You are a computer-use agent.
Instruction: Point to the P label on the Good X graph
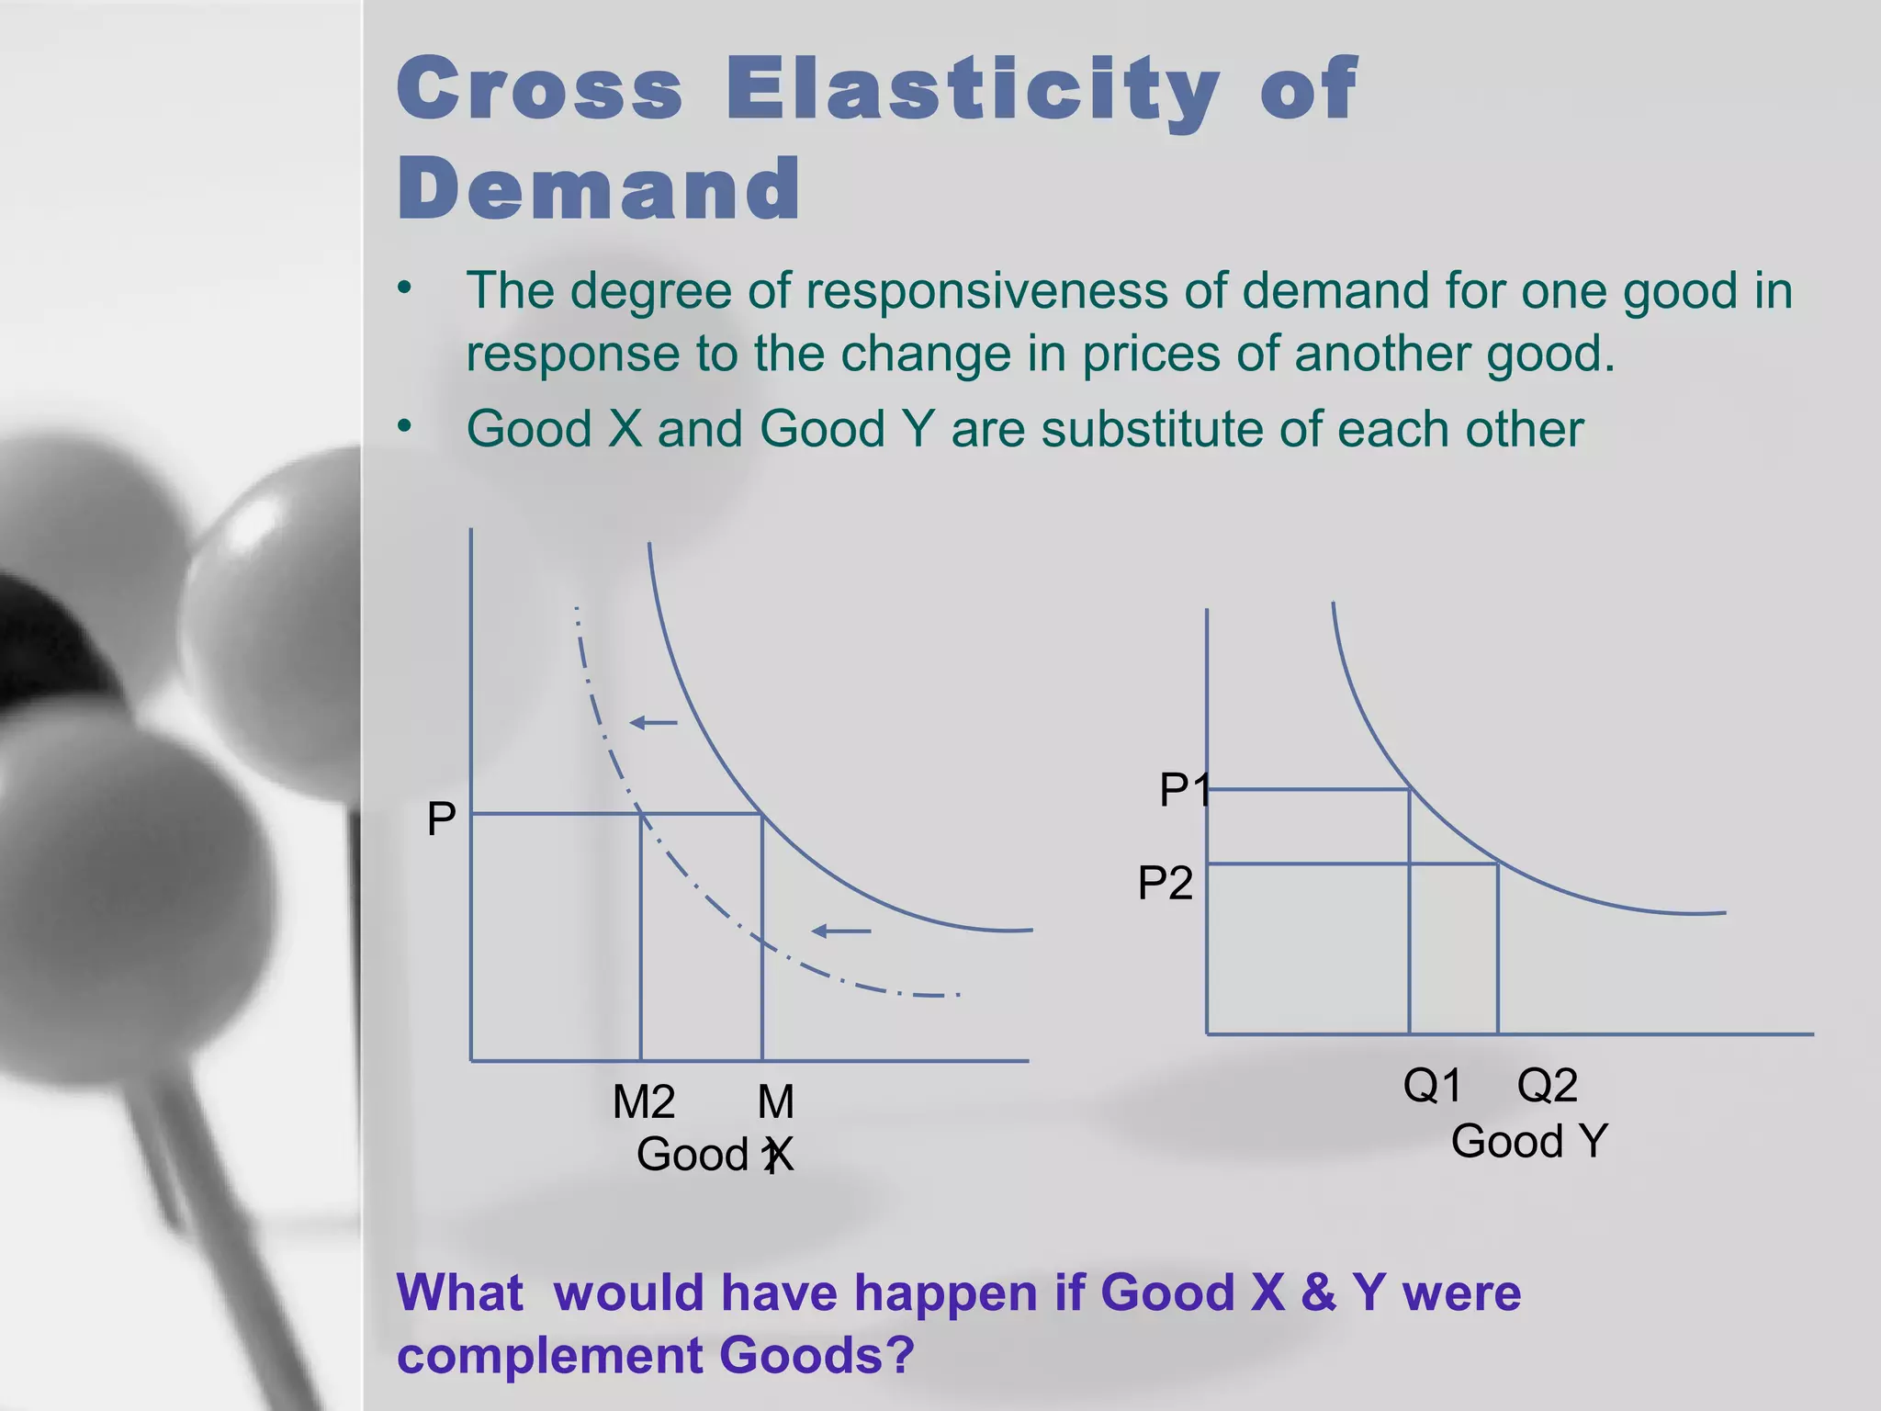tap(441, 818)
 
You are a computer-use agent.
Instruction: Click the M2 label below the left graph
tap(643, 1101)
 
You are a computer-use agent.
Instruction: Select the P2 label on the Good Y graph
tap(1165, 884)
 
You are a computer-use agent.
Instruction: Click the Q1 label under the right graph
tap(1432, 1086)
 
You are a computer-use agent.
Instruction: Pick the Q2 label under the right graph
tap(1547, 1086)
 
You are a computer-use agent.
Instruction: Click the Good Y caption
tap(1529, 1142)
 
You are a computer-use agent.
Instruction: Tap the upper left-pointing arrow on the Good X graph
tap(653, 723)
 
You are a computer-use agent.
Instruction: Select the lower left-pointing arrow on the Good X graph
tap(840, 931)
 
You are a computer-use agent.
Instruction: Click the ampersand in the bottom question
tap(1318, 1293)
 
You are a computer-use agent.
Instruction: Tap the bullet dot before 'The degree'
tap(405, 288)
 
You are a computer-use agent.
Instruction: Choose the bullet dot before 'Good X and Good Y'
tap(405, 426)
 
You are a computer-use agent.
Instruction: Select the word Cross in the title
tap(540, 88)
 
